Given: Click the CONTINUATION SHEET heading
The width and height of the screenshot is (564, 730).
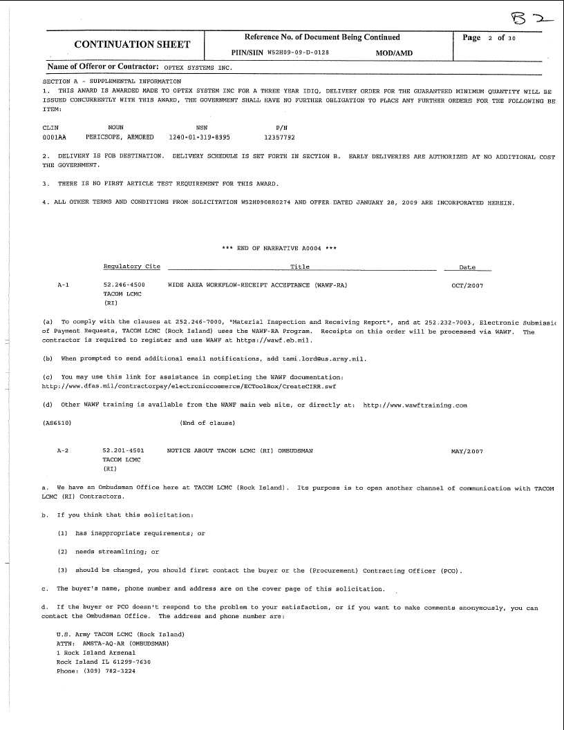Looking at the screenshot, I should pos(132,44).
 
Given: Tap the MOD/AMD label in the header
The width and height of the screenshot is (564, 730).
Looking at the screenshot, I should pos(394,52).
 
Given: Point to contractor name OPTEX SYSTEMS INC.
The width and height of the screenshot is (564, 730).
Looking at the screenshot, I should pos(198,68).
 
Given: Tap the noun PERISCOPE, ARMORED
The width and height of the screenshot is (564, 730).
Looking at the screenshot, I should pos(124,137).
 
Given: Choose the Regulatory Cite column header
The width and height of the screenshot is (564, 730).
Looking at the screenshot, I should pos(131,267).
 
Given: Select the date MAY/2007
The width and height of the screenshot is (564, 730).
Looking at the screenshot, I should pos(467,451).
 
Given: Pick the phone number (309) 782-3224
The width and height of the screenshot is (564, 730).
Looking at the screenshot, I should pos(107,671).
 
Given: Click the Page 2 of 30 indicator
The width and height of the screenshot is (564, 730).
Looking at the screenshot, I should pos(489,38).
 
